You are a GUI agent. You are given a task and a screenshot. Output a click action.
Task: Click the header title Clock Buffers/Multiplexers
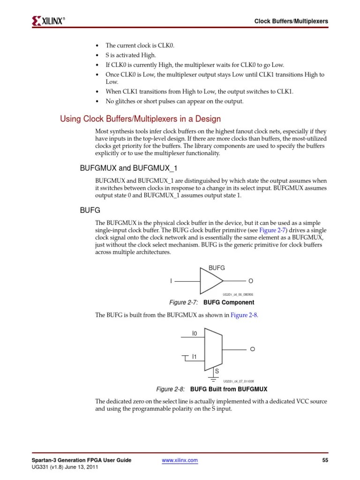tap(291, 21)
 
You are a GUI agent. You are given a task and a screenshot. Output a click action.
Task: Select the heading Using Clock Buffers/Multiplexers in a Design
tap(141, 119)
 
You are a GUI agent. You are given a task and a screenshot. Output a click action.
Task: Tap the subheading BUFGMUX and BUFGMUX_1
tap(129, 168)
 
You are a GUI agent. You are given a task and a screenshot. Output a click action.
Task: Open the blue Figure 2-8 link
tap(244, 315)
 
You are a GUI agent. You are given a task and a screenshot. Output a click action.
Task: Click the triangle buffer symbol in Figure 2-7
tap(211, 281)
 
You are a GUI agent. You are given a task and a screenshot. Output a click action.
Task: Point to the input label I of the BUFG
tap(171, 281)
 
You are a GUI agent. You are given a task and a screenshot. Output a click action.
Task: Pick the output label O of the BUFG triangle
tap(251, 281)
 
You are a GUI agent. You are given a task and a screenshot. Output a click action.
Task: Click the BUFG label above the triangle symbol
tap(217, 268)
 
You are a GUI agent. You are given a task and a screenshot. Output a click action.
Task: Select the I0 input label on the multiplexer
tap(195, 333)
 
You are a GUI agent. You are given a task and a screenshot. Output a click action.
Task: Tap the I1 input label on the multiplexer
tap(195, 357)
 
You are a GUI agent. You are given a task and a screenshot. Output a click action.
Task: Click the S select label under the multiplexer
tap(217, 371)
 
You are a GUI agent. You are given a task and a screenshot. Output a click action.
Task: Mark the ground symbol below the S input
tap(213, 381)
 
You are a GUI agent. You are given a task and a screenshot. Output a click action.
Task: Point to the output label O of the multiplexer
tap(252, 349)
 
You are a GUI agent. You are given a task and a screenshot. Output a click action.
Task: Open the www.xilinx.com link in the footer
tap(180, 461)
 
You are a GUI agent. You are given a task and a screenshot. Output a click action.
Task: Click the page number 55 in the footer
tap(325, 460)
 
